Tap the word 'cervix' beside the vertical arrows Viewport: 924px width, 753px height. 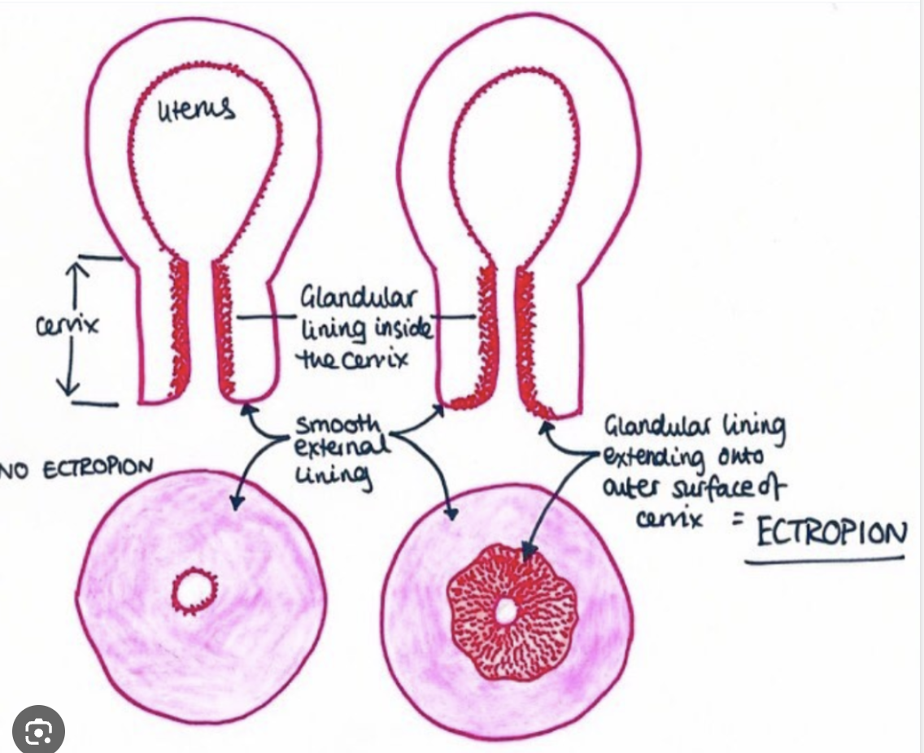[68, 326]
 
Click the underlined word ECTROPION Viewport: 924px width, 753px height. [830, 534]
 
